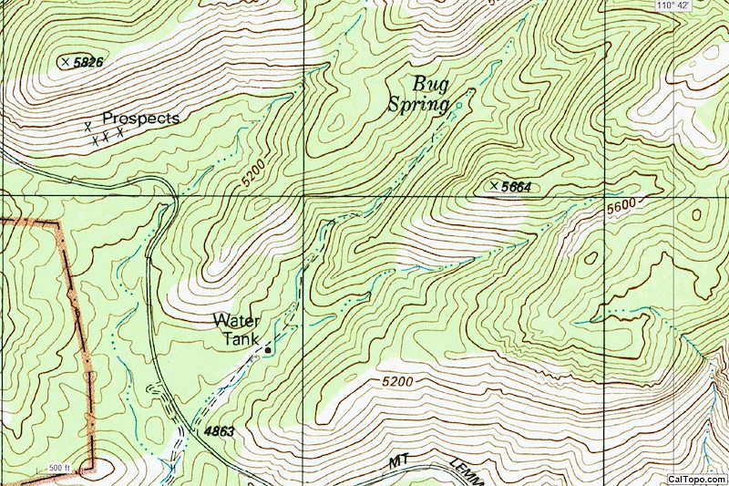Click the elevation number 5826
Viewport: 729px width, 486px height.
coord(88,62)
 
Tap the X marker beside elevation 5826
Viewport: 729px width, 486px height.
coord(65,61)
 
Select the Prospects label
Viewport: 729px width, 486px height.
coord(140,119)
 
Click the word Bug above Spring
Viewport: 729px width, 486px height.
coord(431,84)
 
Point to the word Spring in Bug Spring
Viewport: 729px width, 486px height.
coord(419,105)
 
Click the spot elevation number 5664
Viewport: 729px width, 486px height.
coord(516,187)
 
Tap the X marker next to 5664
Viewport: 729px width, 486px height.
coord(494,186)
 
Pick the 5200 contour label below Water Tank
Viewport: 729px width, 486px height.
coord(397,380)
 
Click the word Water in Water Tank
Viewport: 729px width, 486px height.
coord(236,320)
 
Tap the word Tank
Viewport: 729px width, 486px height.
coord(241,338)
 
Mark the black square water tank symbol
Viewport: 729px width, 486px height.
coord(268,349)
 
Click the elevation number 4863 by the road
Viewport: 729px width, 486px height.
coord(222,430)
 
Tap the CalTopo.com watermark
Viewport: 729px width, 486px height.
coord(696,479)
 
